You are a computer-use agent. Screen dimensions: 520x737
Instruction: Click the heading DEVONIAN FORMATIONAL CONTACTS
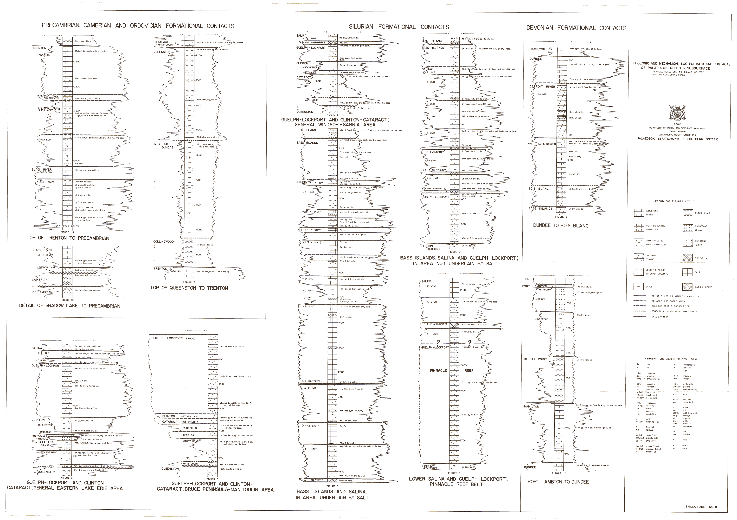[x=576, y=28]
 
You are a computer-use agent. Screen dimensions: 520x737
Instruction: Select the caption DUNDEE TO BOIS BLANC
[x=561, y=226]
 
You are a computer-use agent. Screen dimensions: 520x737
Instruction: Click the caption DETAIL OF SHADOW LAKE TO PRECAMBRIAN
[x=70, y=306]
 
